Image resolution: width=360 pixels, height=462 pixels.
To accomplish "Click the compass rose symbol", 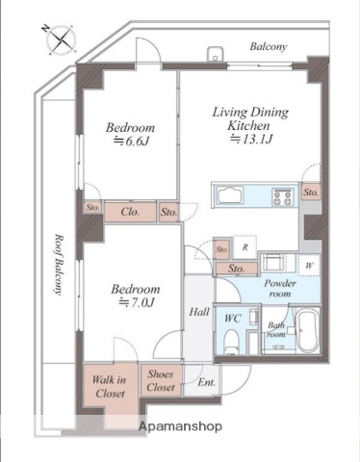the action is [x=61, y=39].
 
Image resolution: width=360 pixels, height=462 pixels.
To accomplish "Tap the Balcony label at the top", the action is [x=269, y=47].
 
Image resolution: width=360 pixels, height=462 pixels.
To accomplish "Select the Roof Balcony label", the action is [x=59, y=265].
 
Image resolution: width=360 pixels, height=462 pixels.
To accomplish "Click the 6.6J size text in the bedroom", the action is [x=132, y=141].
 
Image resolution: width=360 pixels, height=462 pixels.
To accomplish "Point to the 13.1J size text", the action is [x=251, y=140].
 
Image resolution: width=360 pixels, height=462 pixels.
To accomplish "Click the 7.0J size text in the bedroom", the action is [x=137, y=302].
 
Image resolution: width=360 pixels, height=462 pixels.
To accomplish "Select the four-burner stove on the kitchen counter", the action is [x=283, y=196].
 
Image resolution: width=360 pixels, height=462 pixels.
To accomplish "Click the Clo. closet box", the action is [x=130, y=212].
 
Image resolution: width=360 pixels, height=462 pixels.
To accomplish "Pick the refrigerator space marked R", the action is [x=245, y=247].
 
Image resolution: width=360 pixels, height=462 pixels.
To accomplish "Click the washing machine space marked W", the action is [x=309, y=266].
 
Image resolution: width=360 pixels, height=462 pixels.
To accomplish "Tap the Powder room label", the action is [x=280, y=289].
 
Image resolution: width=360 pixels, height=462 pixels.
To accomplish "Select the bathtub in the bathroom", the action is [x=307, y=330].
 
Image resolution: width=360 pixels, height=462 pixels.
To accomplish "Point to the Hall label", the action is [x=199, y=312].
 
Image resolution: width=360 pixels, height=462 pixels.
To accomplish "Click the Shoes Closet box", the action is [x=162, y=380].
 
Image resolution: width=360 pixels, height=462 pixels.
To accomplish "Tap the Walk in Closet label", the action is [x=109, y=387].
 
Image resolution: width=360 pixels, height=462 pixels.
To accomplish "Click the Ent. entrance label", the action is [x=206, y=382].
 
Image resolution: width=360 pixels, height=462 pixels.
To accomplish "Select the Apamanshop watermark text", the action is [x=180, y=426].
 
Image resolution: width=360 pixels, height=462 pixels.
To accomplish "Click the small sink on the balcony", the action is [x=216, y=54].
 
